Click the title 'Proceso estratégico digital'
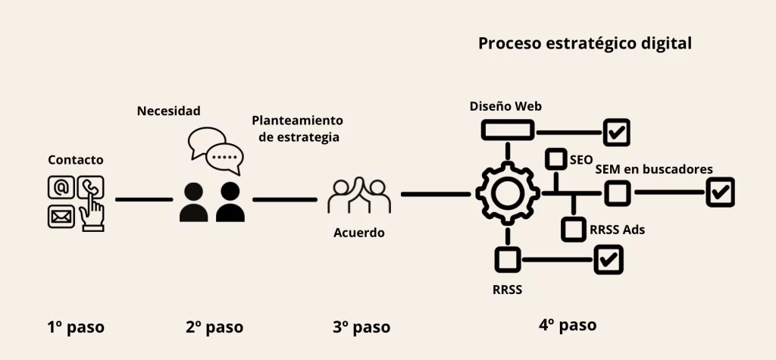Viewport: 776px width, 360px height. pyautogui.click(x=584, y=43)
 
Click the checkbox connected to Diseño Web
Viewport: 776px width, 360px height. pyautogui.click(x=617, y=132)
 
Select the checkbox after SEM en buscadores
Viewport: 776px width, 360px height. pyautogui.click(x=719, y=192)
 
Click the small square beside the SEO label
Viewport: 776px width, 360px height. pyautogui.click(x=557, y=159)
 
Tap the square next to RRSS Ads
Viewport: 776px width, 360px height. pyautogui.click(x=573, y=228)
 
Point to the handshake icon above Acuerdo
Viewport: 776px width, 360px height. pyautogui.click(x=358, y=196)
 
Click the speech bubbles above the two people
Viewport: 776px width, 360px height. pyautogui.click(x=217, y=151)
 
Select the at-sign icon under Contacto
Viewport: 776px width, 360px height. pyautogui.click(x=61, y=186)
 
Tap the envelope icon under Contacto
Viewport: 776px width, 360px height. pyautogui.click(x=61, y=217)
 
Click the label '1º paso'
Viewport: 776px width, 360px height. pyautogui.click(x=76, y=327)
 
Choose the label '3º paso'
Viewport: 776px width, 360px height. pyautogui.click(x=361, y=327)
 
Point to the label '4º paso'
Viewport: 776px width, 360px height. pyautogui.click(x=568, y=325)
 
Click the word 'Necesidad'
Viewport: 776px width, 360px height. pyautogui.click(x=168, y=111)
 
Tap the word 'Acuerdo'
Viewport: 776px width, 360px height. pyautogui.click(x=358, y=233)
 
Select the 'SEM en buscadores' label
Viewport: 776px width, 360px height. pyautogui.click(x=653, y=169)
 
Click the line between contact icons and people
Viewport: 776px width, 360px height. pyautogui.click(x=144, y=199)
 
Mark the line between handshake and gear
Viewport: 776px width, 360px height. pyautogui.click(x=436, y=195)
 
